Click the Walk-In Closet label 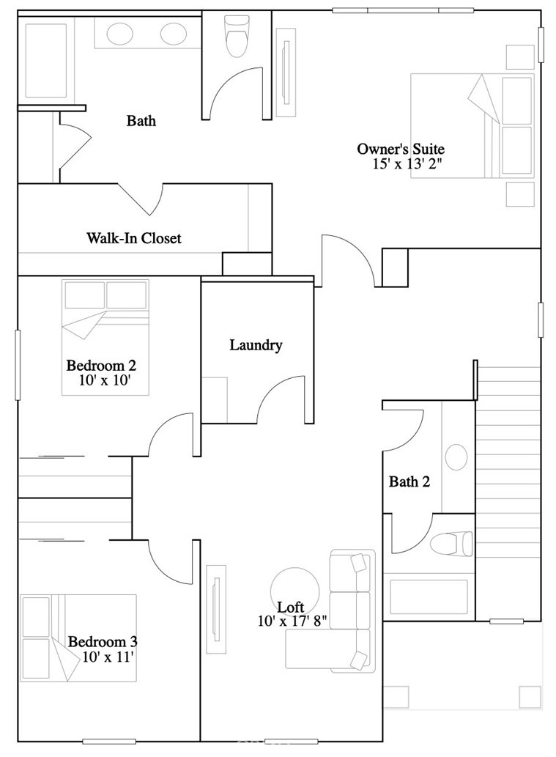pyautogui.click(x=134, y=238)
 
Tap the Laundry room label pyautogui.click(x=256, y=345)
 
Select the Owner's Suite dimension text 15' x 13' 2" pyautogui.click(x=407, y=163)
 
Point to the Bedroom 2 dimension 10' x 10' pyautogui.click(x=105, y=380)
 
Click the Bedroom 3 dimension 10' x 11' pyautogui.click(x=108, y=657)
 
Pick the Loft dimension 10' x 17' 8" pyautogui.click(x=293, y=621)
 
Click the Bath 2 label pyautogui.click(x=409, y=481)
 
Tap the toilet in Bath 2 pyautogui.click(x=451, y=544)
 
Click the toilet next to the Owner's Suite pyautogui.click(x=237, y=37)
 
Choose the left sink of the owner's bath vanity pyautogui.click(x=119, y=34)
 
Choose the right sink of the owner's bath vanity pyautogui.click(x=174, y=34)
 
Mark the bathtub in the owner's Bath pyautogui.click(x=46, y=61)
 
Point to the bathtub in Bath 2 pyautogui.click(x=429, y=597)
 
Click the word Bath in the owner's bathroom pyautogui.click(x=141, y=120)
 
